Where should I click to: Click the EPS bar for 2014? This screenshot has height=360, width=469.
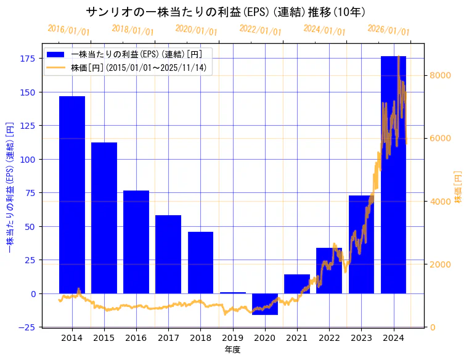coord(72,194)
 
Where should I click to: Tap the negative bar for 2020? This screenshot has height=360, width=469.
coord(265,304)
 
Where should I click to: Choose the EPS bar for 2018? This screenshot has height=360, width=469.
coord(200,262)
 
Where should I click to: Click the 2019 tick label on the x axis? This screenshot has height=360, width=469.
coord(232,338)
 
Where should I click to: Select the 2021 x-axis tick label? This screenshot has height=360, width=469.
coord(296,338)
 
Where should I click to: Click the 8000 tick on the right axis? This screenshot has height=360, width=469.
coord(440,76)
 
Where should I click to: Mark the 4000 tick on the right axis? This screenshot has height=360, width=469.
coord(440,202)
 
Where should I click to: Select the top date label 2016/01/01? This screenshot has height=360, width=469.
coord(68,30)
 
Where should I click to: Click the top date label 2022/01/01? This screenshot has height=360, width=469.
coord(260,30)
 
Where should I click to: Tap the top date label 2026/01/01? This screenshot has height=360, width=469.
coord(388,30)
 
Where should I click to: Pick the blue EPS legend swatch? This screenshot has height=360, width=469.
coord(59,55)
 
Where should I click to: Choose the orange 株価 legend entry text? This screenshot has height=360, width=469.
coord(139,68)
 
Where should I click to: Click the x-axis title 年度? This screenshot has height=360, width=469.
coord(232,350)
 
